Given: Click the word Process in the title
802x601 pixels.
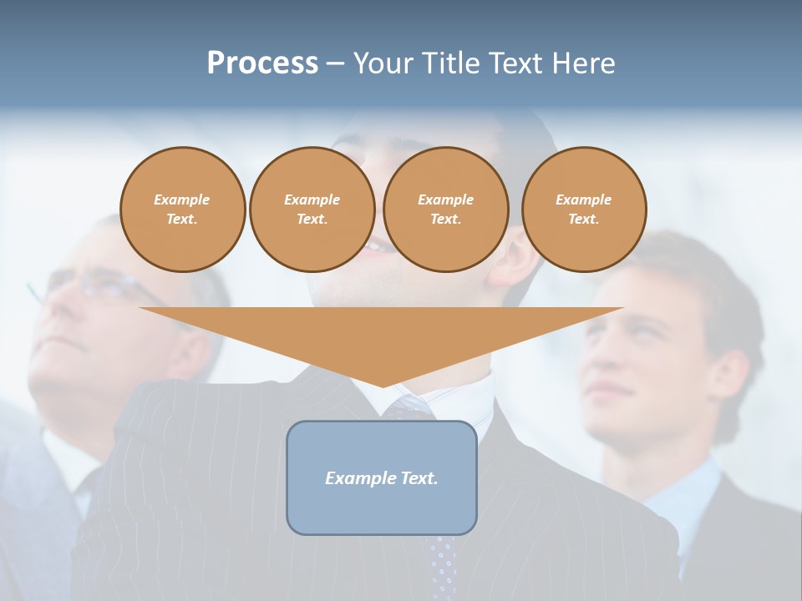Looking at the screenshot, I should pos(262,63).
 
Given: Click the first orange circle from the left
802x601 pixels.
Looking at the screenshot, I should pos(182,210).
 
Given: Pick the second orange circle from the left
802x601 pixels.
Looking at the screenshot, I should pos(312,210).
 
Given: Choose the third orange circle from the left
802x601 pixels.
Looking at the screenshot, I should pos(445,210).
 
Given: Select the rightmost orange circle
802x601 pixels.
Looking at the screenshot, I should pos(583,210).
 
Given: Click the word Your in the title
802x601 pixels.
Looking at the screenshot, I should pos(385,63).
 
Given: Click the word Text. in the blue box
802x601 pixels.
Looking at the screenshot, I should pos(419,478).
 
